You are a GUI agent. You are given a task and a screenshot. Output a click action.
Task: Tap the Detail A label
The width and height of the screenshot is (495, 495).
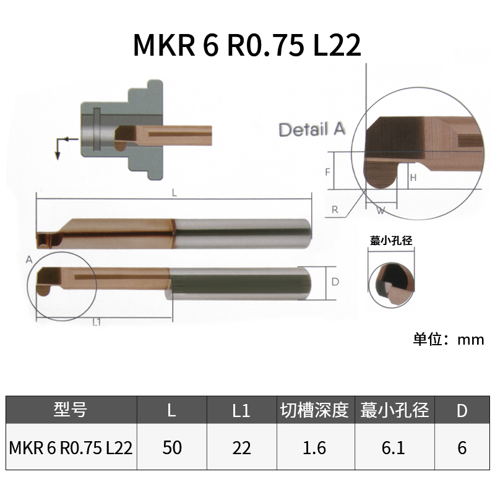tap(311, 130)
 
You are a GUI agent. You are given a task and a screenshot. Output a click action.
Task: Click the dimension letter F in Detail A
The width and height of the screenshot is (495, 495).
tap(327, 172)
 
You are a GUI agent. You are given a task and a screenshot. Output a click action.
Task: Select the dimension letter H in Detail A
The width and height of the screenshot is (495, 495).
tap(413, 178)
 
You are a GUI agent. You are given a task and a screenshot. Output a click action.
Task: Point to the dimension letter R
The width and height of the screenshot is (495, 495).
tap(335, 210)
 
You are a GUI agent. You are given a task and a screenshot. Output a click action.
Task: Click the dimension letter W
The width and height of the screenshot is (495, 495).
tap(381, 211)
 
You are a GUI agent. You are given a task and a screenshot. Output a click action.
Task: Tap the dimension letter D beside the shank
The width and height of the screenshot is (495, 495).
tap(335, 282)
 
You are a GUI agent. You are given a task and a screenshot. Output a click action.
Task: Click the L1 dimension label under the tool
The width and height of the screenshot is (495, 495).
tap(97, 322)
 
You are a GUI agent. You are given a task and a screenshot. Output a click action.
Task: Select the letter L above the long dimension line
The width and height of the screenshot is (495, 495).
tap(174, 193)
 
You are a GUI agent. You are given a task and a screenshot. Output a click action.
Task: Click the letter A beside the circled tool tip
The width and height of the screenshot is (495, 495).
tap(29, 259)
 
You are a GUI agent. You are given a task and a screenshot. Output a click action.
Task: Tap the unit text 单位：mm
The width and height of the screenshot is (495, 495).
tap(449, 339)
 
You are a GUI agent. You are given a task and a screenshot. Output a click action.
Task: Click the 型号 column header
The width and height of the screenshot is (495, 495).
tap(71, 410)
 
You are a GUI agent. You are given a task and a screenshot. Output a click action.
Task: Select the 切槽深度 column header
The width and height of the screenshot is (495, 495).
tap(314, 410)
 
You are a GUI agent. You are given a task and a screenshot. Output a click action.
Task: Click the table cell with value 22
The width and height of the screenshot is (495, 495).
tap(241, 447)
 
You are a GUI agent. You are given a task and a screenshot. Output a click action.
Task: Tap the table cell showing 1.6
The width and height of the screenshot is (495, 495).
tap(314, 447)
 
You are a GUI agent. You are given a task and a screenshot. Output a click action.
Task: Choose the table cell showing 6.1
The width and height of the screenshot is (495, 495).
tap(394, 447)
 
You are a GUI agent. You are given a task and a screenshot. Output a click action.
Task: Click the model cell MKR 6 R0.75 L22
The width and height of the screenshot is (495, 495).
tap(71, 447)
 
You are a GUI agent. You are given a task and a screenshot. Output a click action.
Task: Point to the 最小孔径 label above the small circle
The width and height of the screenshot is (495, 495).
tap(391, 241)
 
